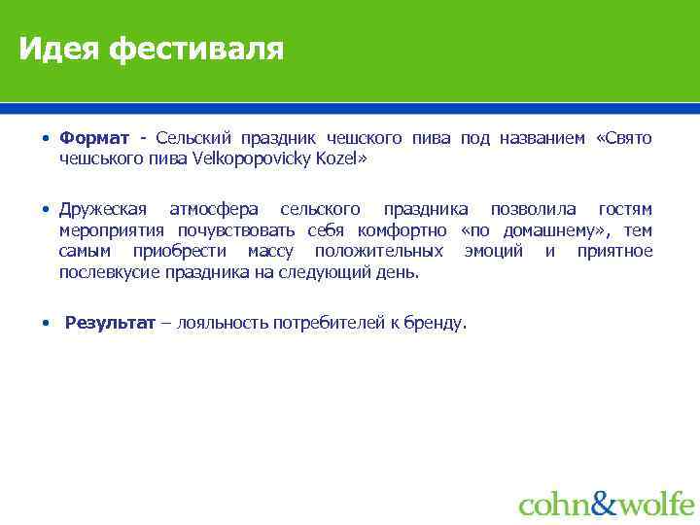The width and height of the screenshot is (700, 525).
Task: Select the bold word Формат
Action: point(93,138)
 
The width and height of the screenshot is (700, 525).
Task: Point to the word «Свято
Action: point(623,138)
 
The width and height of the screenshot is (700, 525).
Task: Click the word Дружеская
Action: point(103,210)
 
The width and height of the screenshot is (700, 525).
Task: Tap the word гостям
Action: point(625,210)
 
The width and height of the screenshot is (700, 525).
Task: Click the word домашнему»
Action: point(550,230)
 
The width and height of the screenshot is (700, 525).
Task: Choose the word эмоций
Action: point(496,251)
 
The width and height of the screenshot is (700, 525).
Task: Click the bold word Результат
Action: point(109,323)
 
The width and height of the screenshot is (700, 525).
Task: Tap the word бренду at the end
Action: point(437,323)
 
